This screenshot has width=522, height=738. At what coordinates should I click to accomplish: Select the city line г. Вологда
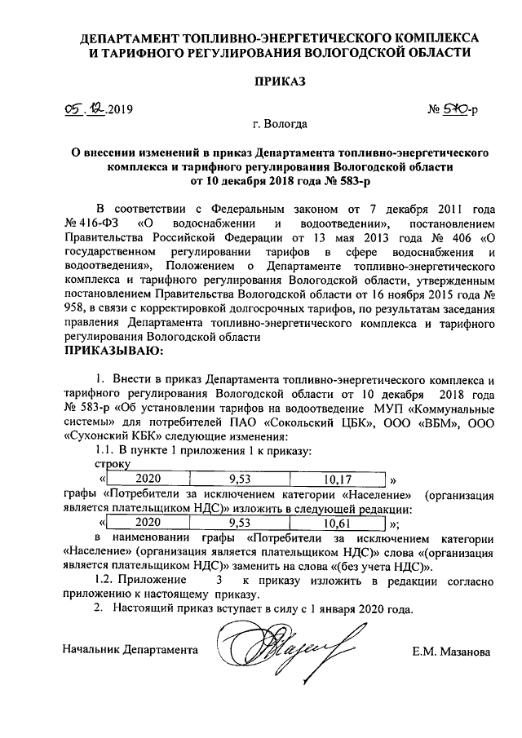pos(280,126)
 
